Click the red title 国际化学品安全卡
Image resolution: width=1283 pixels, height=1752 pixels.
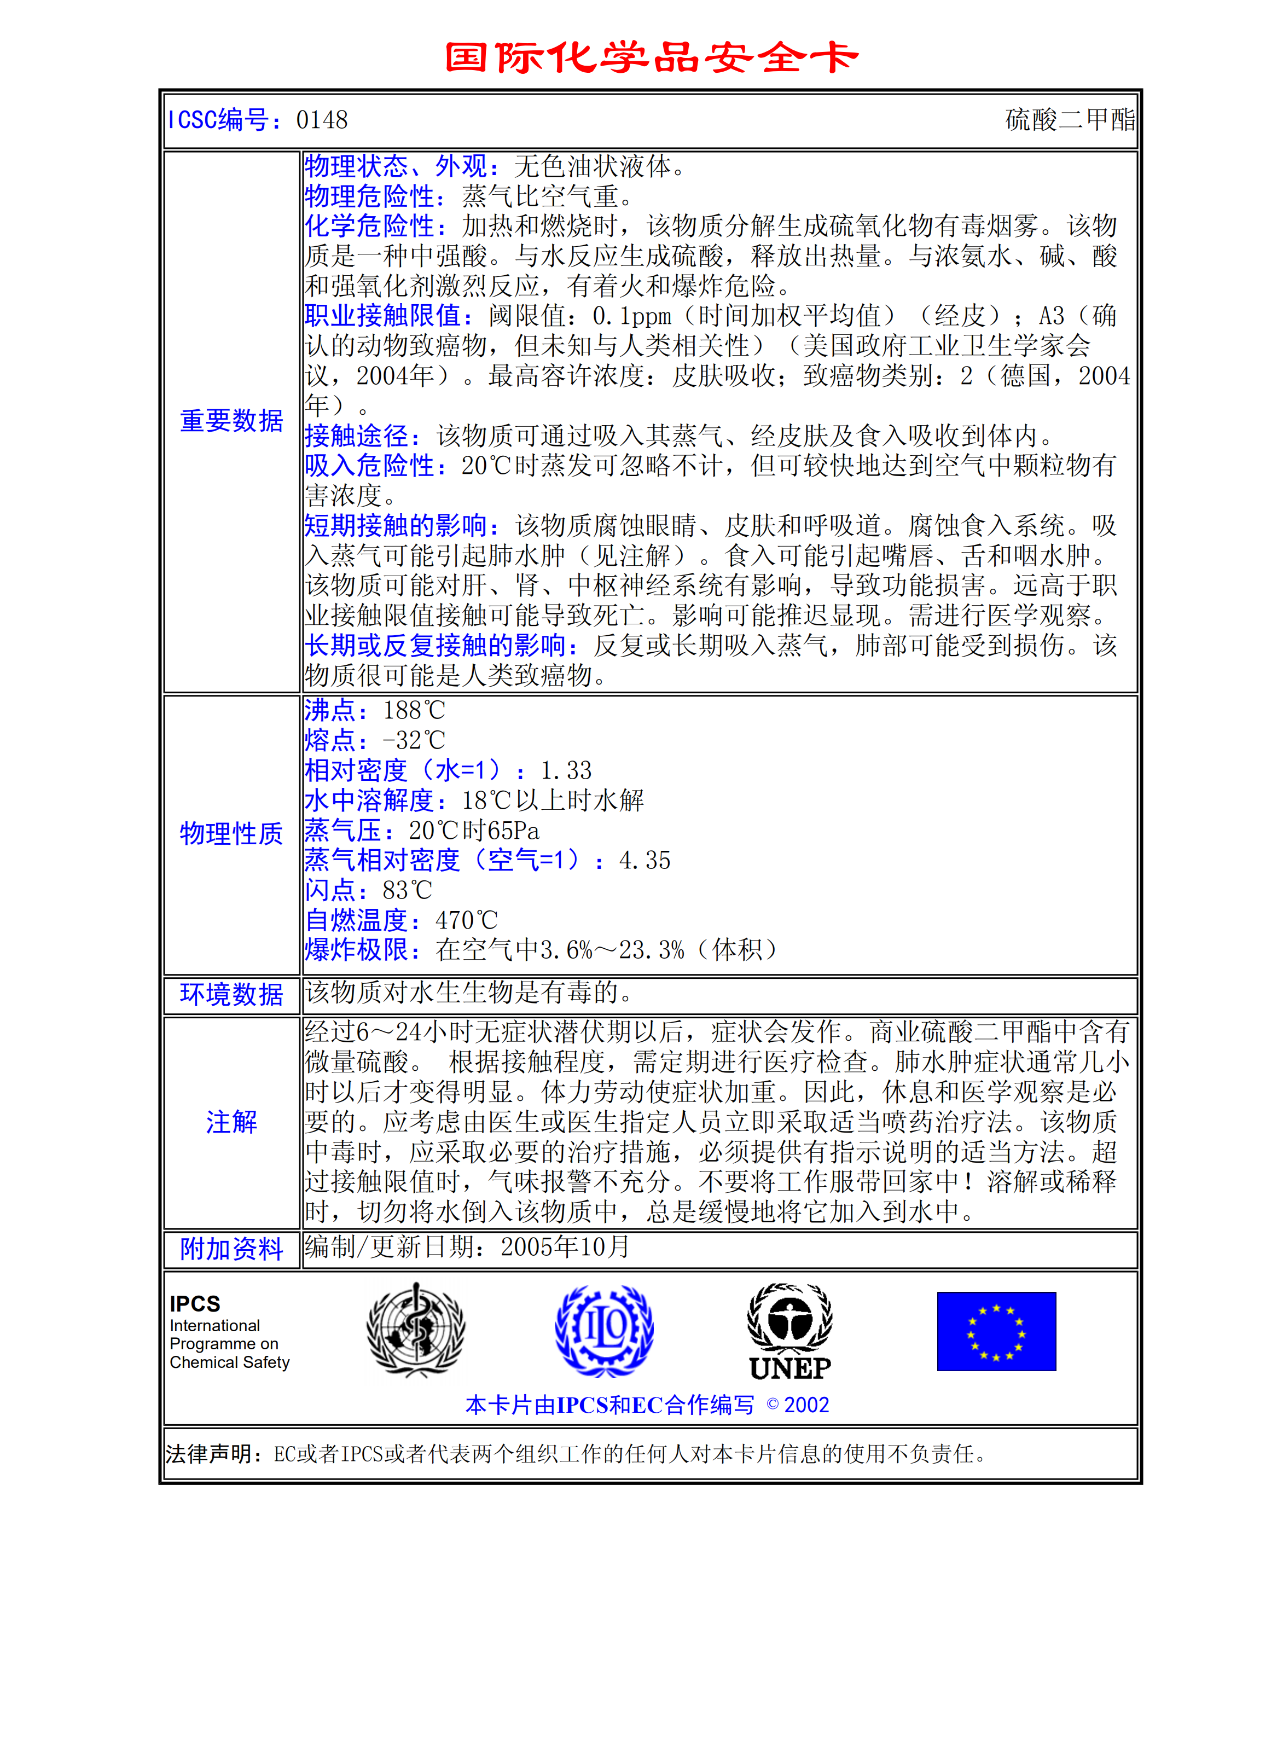tap(651, 58)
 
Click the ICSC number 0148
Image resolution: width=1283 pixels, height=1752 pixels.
tap(322, 120)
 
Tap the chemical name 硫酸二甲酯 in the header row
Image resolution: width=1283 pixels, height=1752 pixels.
tap(1070, 120)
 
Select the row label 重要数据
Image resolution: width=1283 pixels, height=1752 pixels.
tap(231, 421)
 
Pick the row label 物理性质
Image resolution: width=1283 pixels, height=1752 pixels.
tap(231, 833)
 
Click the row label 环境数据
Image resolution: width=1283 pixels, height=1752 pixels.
tap(231, 994)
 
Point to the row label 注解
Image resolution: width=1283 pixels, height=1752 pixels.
tap(231, 1122)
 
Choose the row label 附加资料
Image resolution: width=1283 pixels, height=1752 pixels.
tap(231, 1249)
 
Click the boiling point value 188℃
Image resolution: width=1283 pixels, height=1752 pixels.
tap(414, 710)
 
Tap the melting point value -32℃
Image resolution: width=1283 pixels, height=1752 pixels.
tap(414, 740)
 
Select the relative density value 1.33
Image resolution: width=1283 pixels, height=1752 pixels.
tap(566, 770)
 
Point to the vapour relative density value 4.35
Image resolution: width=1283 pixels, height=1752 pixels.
tap(645, 861)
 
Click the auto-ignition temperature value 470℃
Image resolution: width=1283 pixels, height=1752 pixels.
tap(466, 920)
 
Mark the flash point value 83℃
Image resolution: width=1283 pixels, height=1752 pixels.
tap(407, 890)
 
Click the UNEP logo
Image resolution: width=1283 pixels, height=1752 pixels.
tap(790, 1332)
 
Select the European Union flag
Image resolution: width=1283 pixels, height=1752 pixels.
tap(996, 1331)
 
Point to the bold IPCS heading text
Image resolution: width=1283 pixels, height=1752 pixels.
tap(195, 1304)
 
